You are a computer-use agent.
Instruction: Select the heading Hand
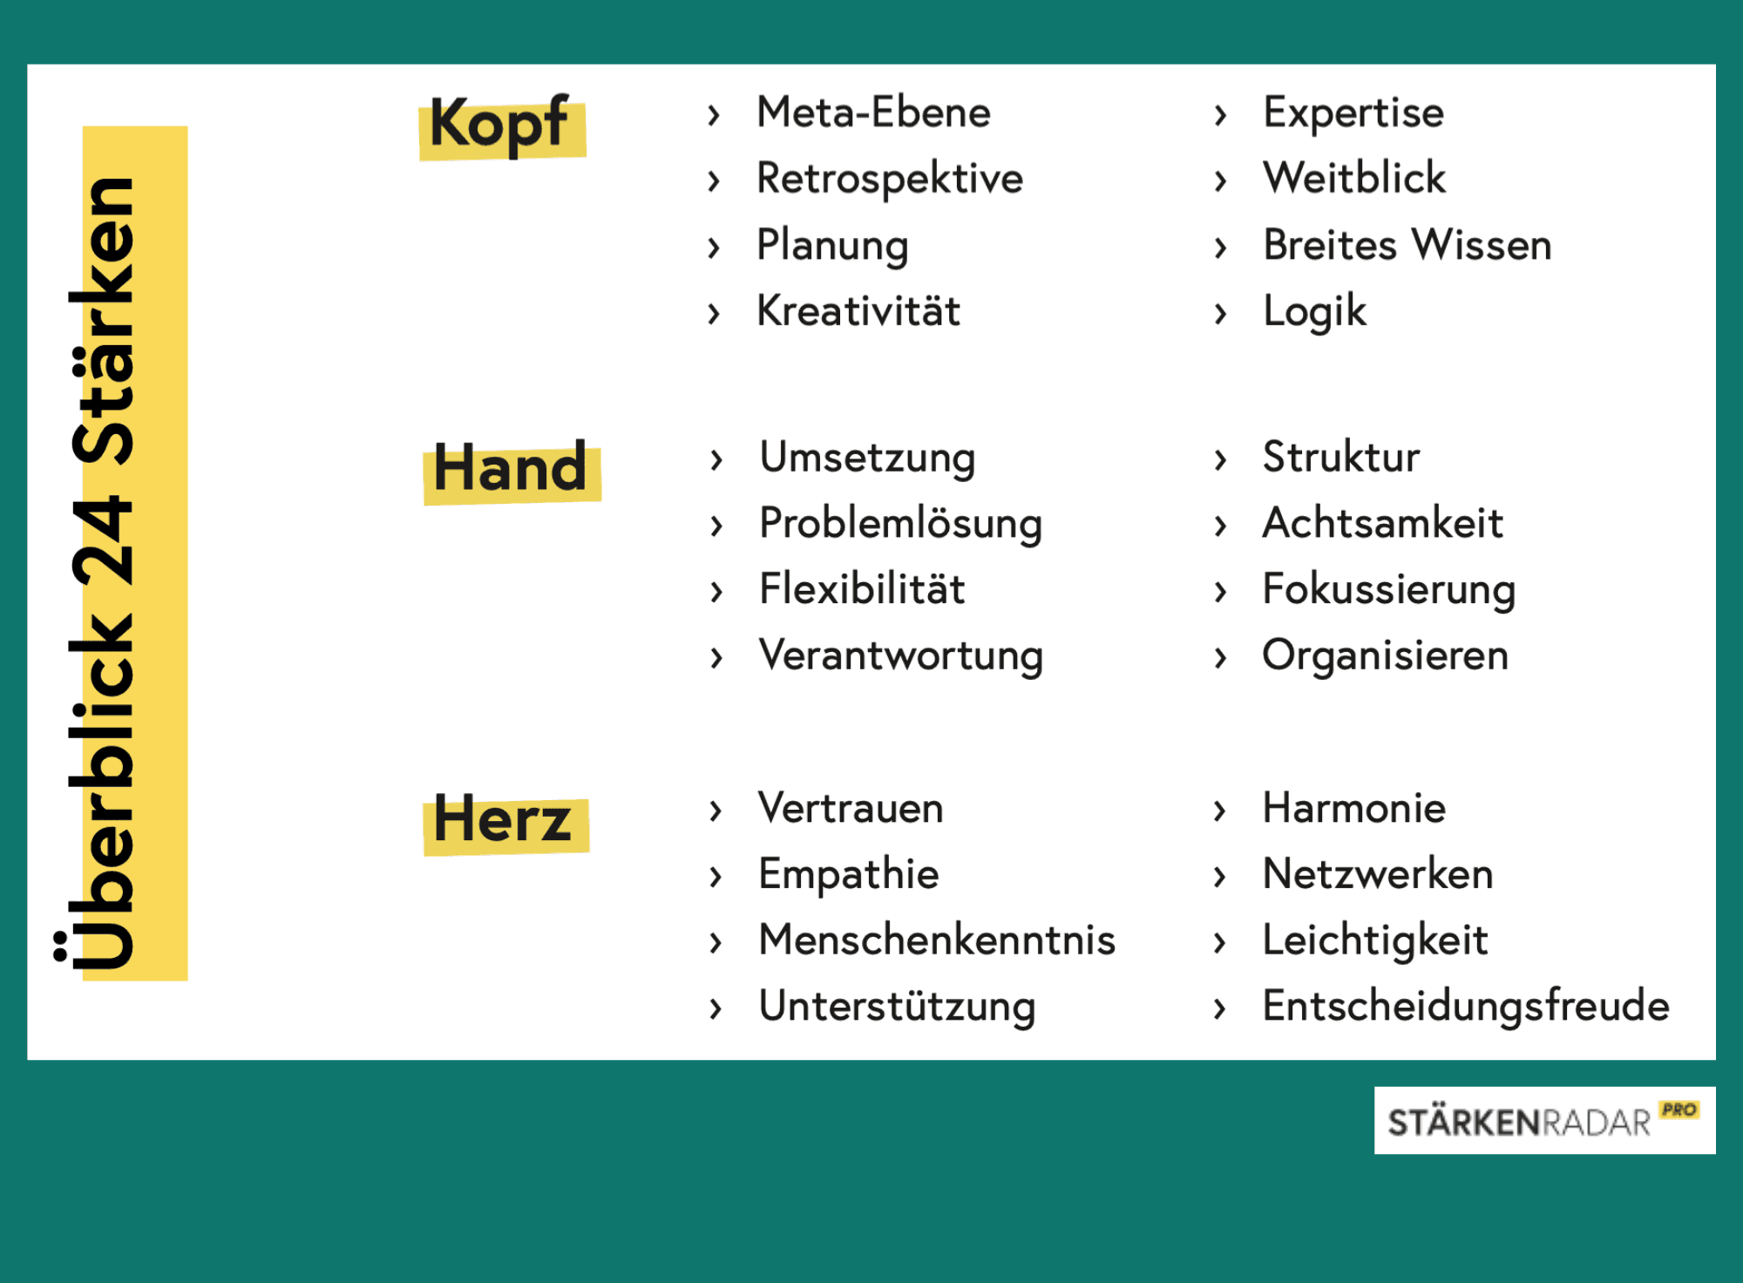[x=511, y=470]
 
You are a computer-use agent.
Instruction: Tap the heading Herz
[x=504, y=821]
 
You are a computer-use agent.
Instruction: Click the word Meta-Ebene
[x=873, y=112]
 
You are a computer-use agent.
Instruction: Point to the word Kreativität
[x=858, y=311]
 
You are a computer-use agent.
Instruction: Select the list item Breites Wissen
[x=1407, y=245]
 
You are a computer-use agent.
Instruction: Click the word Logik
[x=1314, y=312]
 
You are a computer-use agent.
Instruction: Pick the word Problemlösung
[x=900, y=524]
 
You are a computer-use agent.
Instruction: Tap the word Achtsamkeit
[x=1382, y=523]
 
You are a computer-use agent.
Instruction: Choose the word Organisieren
[x=1385, y=655]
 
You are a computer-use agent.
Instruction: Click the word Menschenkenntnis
[x=937, y=940]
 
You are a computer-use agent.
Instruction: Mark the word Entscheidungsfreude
[x=1465, y=1006]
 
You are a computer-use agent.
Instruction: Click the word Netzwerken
[x=1378, y=873]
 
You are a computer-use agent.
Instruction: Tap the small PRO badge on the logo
[x=1679, y=1110]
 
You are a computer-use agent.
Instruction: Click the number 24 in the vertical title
[x=103, y=540]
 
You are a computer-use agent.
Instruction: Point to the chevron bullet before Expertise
[x=1221, y=114]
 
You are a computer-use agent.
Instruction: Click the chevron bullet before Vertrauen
[x=716, y=810]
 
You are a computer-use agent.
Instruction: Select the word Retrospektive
[x=889, y=179]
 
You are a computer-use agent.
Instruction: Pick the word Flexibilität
[x=861, y=589]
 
